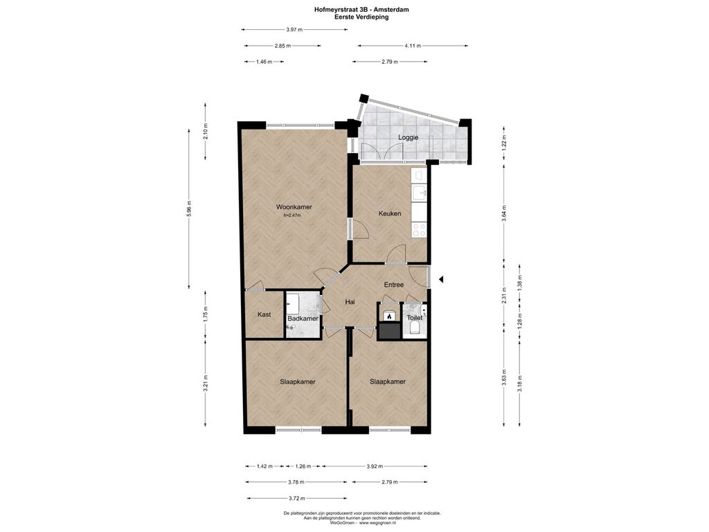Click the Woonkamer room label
[294, 207]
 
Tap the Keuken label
[390, 213]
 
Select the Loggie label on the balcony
[409, 138]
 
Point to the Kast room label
[264, 314]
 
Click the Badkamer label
[303, 319]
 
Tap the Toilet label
[415, 318]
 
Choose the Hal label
[350, 302]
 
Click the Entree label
[394, 285]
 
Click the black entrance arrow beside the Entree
[441, 280]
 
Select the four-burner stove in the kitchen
[419, 230]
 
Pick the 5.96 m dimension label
[190, 209]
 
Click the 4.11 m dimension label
[413, 46]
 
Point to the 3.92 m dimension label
[375, 466]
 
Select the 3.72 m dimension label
[296, 499]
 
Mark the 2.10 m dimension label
[206, 132]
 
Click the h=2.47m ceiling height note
[292, 216]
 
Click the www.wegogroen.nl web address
[377, 523]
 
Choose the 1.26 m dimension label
[303, 466]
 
